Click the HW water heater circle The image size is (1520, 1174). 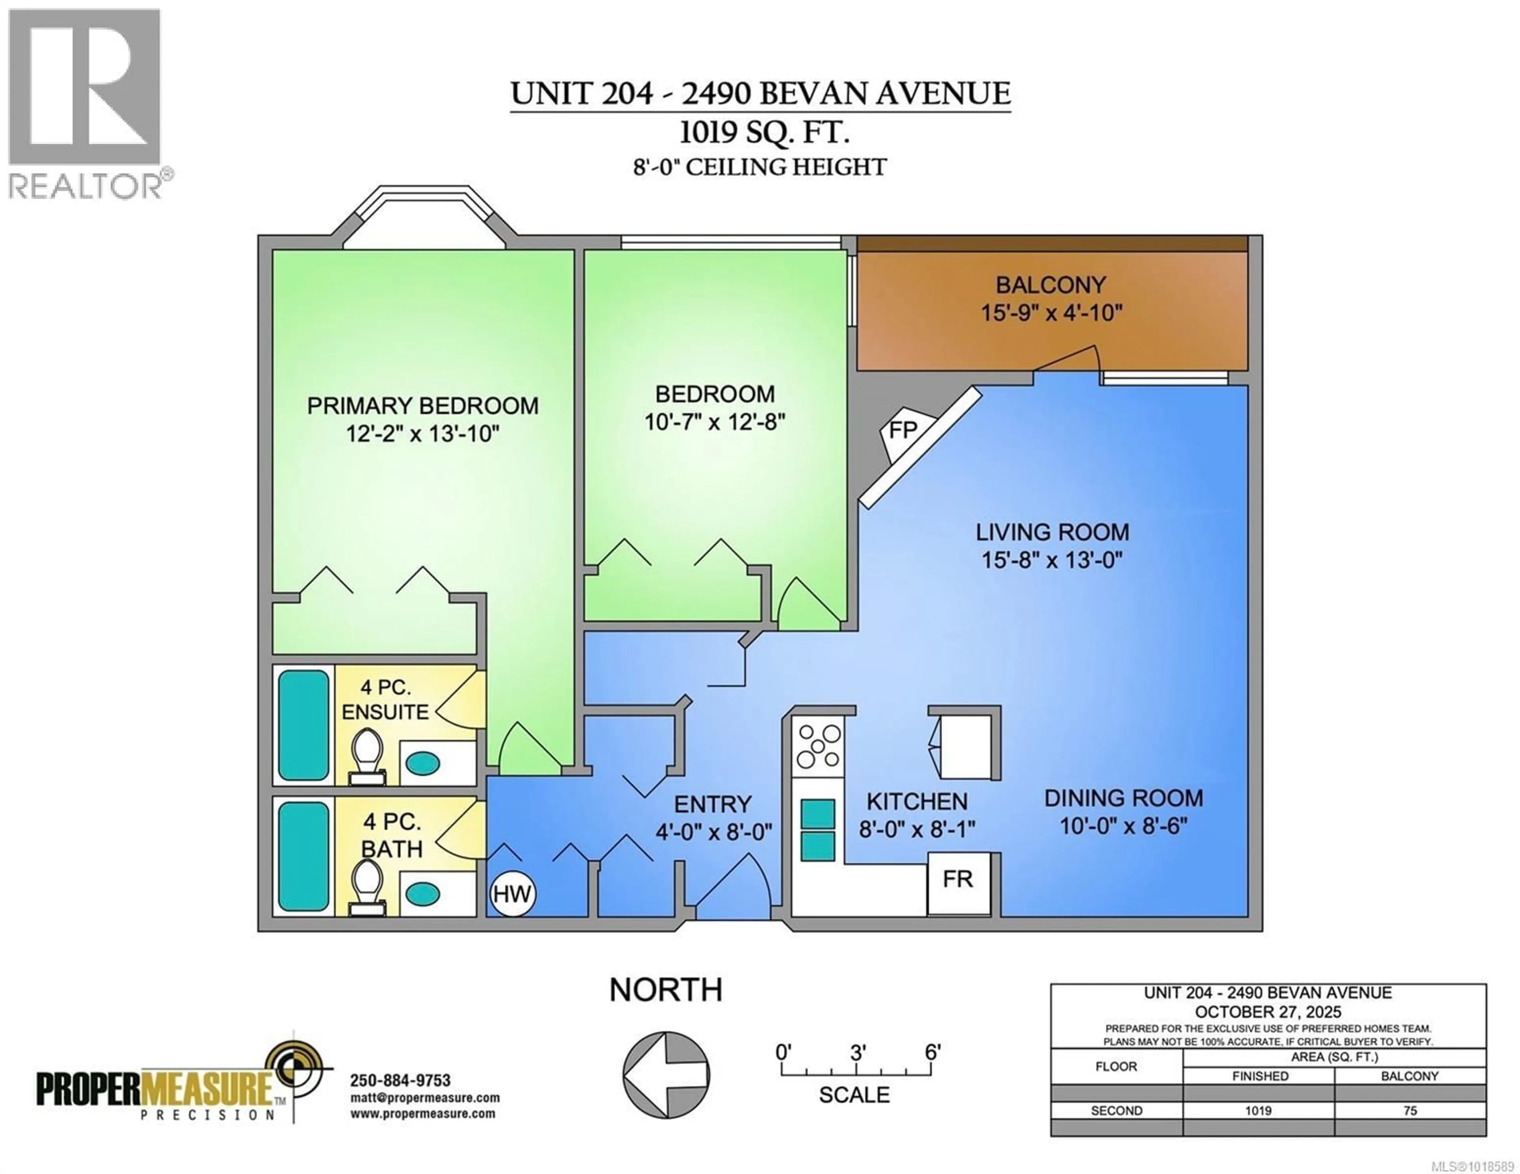[512, 894]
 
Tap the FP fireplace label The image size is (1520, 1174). [902, 430]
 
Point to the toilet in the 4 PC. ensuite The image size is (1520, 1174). [367, 755]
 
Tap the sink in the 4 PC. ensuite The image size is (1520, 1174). [422, 763]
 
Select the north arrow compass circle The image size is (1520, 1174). [666, 1075]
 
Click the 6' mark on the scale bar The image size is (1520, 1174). [932, 1052]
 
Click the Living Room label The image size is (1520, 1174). [1052, 532]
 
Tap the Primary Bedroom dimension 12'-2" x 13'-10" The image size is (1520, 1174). [422, 434]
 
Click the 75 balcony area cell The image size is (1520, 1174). [1409, 1111]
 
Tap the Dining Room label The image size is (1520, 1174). [1123, 798]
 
